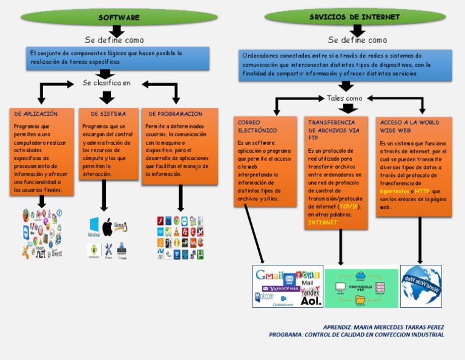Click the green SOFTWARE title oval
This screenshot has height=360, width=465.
[119, 18]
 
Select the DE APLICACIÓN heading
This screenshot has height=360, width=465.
[36, 114]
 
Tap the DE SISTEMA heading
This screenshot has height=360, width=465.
[108, 114]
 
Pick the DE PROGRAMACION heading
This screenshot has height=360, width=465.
[176, 114]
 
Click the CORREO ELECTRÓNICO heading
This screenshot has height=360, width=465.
[257, 126]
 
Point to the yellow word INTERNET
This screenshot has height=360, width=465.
[323, 222]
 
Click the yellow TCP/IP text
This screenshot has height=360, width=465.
[348, 206]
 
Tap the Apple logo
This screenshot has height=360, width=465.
[108, 228]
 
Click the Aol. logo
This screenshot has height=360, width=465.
[311, 300]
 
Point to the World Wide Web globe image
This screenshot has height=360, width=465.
[421, 285]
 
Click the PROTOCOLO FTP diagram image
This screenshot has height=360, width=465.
[361, 287]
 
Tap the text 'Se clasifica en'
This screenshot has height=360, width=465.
[107, 83]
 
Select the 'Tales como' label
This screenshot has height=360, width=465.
[345, 98]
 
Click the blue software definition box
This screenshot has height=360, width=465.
[117, 58]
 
